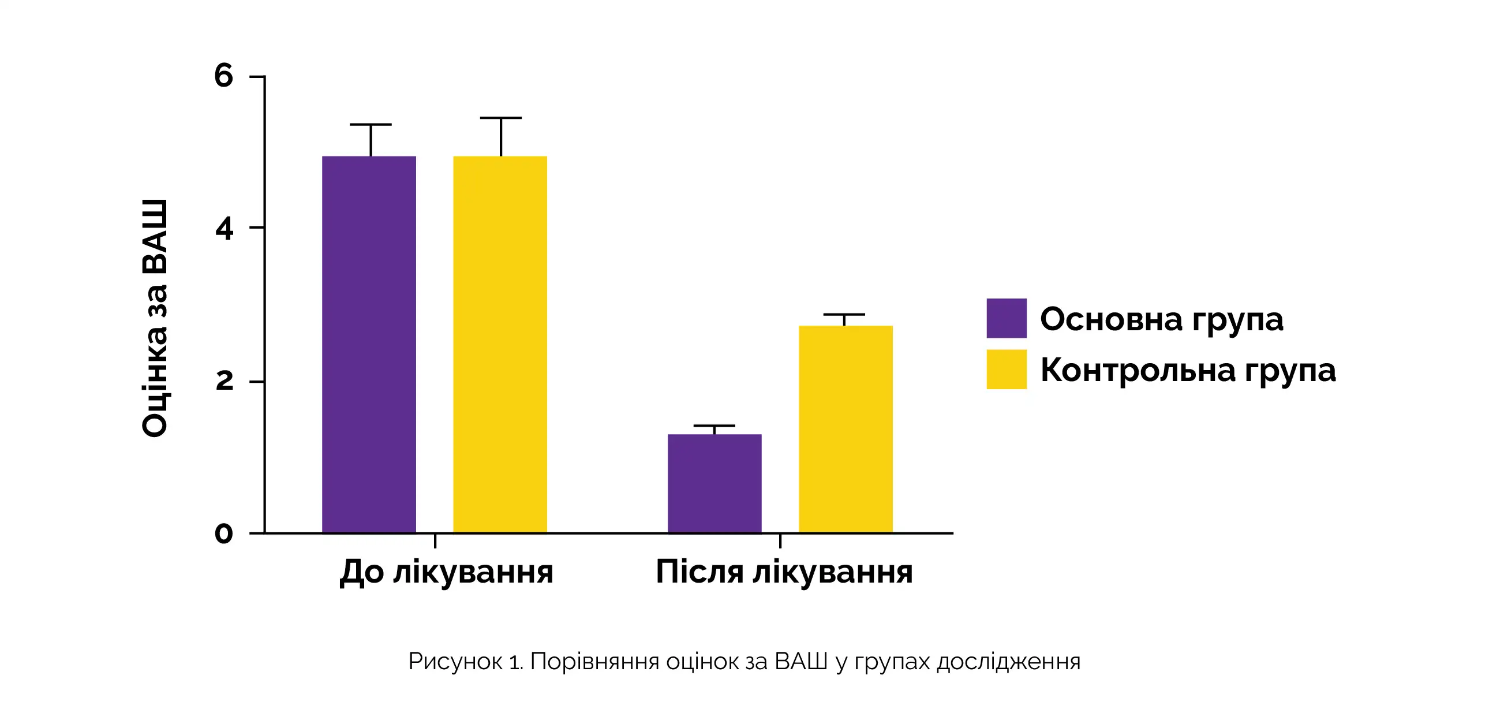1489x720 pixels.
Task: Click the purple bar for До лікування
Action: (x=369, y=344)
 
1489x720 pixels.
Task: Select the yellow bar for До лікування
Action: (x=500, y=344)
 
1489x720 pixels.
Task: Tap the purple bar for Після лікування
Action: (x=714, y=483)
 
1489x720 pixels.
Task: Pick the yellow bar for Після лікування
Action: (x=845, y=428)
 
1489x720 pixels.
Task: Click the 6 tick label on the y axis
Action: (x=224, y=76)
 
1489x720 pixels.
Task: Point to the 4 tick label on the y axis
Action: (x=224, y=229)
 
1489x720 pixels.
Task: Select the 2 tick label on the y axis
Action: (x=224, y=380)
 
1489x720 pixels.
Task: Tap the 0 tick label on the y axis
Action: (x=224, y=533)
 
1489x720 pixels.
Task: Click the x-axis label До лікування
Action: (x=446, y=573)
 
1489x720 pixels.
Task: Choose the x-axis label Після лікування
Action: (x=784, y=573)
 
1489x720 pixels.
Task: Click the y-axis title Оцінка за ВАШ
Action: (x=155, y=318)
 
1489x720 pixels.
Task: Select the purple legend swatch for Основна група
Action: (x=1007, y=318)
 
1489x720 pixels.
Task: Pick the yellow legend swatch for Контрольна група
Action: (x=1007, y=369)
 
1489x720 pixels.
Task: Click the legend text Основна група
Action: (x=1161, y=319)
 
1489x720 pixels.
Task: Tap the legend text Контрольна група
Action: (x=1188, y=370)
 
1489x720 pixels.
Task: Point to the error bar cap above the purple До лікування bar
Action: (x=371, y=124)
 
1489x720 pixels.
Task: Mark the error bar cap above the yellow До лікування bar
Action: (x=500, y=118)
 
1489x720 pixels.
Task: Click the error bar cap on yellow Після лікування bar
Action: (x=844, y=315)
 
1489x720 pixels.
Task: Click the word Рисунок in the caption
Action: (x=455, y=662)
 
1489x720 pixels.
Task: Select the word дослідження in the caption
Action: (x=1008, y=662)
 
